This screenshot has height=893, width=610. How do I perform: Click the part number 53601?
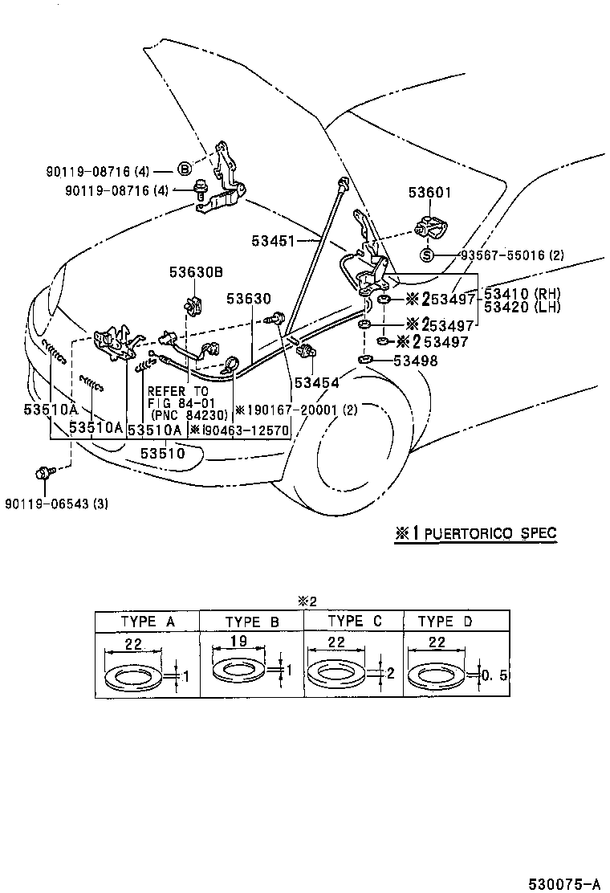pos(429,193)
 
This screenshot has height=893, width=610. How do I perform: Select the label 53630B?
pos(195,271)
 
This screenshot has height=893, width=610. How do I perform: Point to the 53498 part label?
pos(416,361)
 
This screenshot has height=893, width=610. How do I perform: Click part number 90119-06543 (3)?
pos(55,504)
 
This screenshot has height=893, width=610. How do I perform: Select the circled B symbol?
pos(184,169)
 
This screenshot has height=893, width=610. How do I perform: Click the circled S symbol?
pos(427,255)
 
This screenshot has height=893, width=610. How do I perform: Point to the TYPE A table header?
pos(147,622)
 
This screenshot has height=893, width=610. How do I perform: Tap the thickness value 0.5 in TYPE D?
pos(494,675)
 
